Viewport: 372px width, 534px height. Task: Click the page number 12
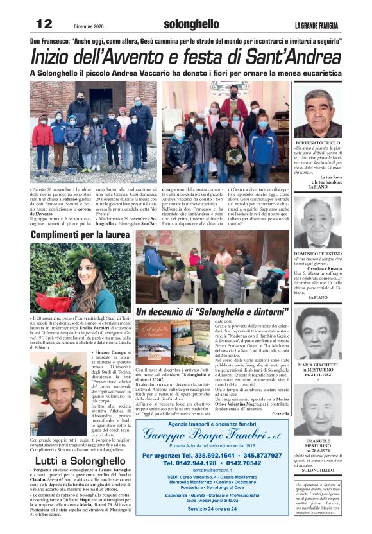tap(44, 24)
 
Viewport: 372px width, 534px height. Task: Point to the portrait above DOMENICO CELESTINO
tap(318, 222)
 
